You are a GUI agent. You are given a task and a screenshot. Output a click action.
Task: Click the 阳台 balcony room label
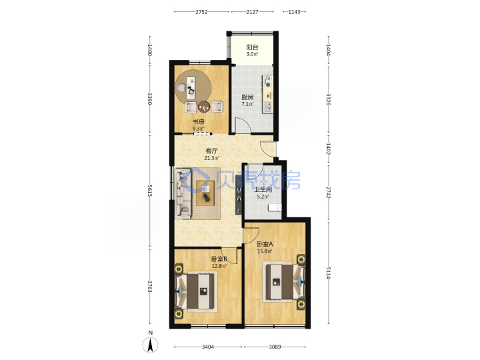point(252,47)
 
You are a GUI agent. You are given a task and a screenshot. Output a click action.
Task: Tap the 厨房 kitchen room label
point(247,97)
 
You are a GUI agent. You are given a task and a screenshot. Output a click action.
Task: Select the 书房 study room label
point(199,122)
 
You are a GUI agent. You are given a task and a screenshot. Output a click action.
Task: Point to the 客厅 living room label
point(211,151)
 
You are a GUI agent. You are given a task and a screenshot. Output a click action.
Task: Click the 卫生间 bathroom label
point(263,189)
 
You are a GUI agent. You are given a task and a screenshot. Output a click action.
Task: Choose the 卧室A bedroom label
point(265,244)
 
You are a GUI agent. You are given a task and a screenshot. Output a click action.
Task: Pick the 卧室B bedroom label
point(219,259)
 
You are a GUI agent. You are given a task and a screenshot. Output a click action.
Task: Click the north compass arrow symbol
point(150,345)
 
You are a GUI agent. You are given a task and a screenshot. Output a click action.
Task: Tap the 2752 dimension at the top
point(201,12)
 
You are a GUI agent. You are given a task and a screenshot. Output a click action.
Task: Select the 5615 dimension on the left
point(150,191)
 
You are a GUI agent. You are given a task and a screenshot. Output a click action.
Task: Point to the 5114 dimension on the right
point(328,273)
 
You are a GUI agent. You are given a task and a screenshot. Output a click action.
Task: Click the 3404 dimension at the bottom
point(208,347)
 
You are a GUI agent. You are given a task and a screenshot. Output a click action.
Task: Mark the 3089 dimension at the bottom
point(275,347)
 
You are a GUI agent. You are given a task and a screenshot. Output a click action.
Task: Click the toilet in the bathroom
point(275,208)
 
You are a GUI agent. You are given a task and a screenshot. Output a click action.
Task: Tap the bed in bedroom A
point(284,281)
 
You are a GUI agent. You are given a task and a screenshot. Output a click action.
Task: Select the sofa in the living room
point(183,193)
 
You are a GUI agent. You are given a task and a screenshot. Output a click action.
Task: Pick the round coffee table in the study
point(204,107)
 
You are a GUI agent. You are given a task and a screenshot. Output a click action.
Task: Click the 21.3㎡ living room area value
point(211,158)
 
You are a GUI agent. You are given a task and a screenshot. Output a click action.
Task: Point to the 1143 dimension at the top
point(294,12)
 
